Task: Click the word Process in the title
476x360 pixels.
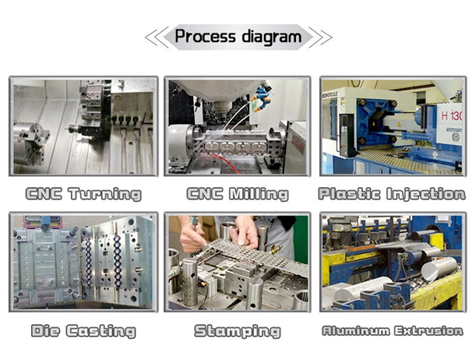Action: [205, 37]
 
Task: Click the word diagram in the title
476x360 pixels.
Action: [272, 37]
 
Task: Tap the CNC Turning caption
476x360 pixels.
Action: [83, 194]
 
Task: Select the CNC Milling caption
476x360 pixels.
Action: [238, 194]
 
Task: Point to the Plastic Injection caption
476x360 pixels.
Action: [392, 194]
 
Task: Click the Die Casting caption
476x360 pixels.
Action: [83, 330]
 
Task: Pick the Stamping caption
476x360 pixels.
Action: [238, 331]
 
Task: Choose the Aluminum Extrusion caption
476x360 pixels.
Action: [393, 330]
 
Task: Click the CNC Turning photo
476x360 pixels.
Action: [83, 126]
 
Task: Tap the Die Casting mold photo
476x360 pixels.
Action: [83, 263]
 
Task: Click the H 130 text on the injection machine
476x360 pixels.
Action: [452, 115]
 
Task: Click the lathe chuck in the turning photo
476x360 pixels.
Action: [30, 143]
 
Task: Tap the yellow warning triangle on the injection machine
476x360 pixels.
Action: [399, 125]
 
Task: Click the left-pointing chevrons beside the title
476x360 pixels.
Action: [157, 37]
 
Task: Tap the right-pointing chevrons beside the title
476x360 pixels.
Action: [320, 37]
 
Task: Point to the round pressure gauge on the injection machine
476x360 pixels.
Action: [456, 137]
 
